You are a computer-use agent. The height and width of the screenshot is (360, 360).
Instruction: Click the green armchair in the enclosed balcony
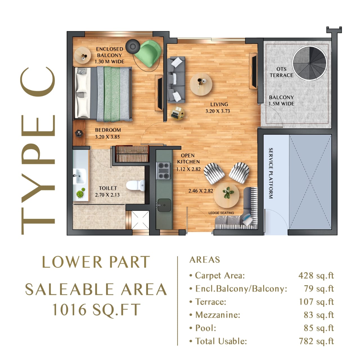click(x=148, y=54)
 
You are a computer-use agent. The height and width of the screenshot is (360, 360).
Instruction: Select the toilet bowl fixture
click(x=136, y=185)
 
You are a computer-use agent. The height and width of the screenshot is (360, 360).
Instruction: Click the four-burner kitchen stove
click(x=163, y=171)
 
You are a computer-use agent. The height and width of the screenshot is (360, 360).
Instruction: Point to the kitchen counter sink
click(x=164, y=205)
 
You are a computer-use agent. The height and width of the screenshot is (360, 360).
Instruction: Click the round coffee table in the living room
click(x=201, y=84)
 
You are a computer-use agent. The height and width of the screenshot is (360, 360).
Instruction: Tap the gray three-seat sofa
click(x=176, y=80)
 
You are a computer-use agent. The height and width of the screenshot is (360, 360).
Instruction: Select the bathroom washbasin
click(x=80, y=176)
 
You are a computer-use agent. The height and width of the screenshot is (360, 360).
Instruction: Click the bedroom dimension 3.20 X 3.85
click(x=107, y=137)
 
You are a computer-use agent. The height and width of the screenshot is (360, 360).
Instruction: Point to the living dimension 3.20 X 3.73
click(x=218, y=111)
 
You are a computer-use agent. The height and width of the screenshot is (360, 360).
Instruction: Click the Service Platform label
click(x=271, y=173)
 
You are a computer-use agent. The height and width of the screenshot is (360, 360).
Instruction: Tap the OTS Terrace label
click(x=281, y=72)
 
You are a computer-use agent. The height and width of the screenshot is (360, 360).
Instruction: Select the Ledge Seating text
click(x=221, y=213)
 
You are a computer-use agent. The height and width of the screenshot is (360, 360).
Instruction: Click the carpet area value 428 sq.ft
click(x=316, y=275)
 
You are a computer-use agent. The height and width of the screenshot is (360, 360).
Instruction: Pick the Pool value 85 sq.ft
click(x=319, y=328)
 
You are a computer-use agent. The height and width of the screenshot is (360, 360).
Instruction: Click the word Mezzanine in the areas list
click(x=218, y=315)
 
